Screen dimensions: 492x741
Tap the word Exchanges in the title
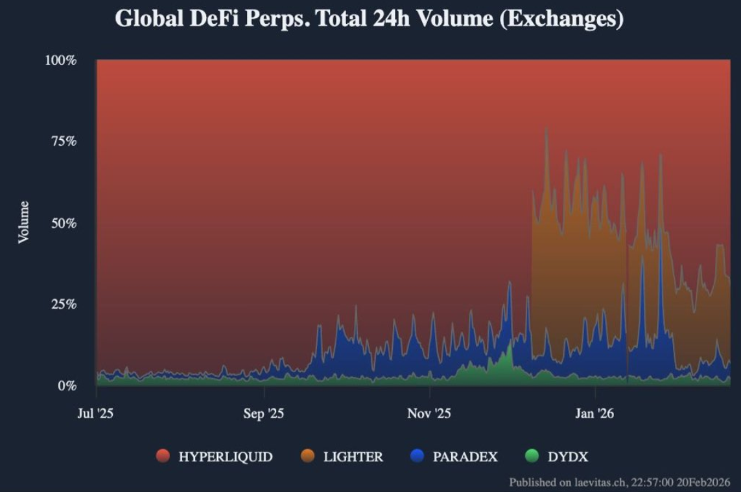pos(562,19)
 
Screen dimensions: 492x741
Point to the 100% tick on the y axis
pos(60,60)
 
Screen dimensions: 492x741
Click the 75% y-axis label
pos(63,142)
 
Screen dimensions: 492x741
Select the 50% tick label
pos(63,223)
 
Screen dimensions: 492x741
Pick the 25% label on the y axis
pos(63,304)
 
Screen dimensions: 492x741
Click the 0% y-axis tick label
pos(66,386)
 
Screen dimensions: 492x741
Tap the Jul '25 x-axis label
pos(95,414)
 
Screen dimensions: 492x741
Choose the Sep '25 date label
pos(263,414)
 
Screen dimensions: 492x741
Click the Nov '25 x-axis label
pos(429,414)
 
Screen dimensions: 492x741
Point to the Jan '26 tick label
pos(594,414)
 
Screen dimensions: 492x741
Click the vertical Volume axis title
pos(24,222)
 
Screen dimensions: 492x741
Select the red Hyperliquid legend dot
pos(163,456)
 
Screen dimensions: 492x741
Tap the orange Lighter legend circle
pos(308,456)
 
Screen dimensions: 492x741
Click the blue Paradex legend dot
pos(418,456)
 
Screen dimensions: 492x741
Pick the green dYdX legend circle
pos(532,456)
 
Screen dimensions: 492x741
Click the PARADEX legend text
pos(465,457)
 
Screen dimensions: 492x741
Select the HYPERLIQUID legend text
pos(225,457)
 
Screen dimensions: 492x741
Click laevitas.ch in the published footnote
pos(588,482)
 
